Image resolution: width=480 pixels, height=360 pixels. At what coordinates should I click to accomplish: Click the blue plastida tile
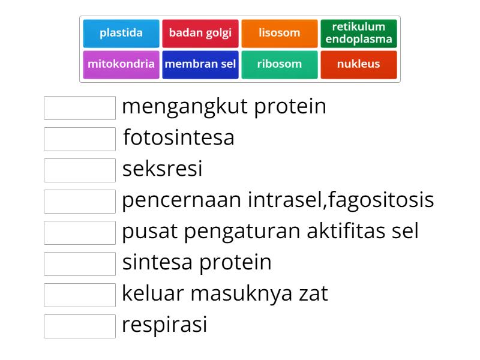point(121,34)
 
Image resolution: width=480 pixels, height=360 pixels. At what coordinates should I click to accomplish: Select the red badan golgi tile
point(200,34)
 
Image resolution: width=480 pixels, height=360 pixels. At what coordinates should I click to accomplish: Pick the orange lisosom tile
point(280,34)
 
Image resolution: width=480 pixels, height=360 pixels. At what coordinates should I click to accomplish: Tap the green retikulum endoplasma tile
point(359,34)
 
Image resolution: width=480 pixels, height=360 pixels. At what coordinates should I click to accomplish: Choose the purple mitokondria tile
point(121,65)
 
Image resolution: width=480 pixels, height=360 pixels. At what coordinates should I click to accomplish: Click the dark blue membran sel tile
point(200,65)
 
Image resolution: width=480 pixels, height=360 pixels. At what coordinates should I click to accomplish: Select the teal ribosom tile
point(280,65)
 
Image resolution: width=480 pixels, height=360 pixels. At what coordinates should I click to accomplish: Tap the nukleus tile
point(359,65)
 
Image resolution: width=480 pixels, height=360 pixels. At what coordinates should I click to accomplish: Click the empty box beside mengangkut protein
point(80,108)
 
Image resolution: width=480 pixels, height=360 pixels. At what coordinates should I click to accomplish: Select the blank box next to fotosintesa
point(80,139)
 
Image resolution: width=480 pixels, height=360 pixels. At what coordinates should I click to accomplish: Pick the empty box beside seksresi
point(80,170)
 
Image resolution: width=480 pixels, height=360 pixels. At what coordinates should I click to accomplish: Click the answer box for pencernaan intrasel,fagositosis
point(80,202)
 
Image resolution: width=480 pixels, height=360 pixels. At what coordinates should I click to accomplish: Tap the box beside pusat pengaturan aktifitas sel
point(80,233)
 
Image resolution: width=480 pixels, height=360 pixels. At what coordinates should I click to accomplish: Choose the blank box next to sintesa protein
point(80,264)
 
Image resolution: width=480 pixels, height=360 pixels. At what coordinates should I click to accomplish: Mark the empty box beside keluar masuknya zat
point(80,295)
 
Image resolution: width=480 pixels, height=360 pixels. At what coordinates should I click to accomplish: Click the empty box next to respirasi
point(80,326)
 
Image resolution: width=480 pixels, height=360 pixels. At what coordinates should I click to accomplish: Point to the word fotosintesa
point(179,137)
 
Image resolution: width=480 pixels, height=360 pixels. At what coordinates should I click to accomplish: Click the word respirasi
point(164,325)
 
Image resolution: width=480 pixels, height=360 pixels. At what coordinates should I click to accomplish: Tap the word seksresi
point(162,169)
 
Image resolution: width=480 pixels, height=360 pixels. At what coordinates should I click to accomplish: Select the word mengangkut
point(185,107)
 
